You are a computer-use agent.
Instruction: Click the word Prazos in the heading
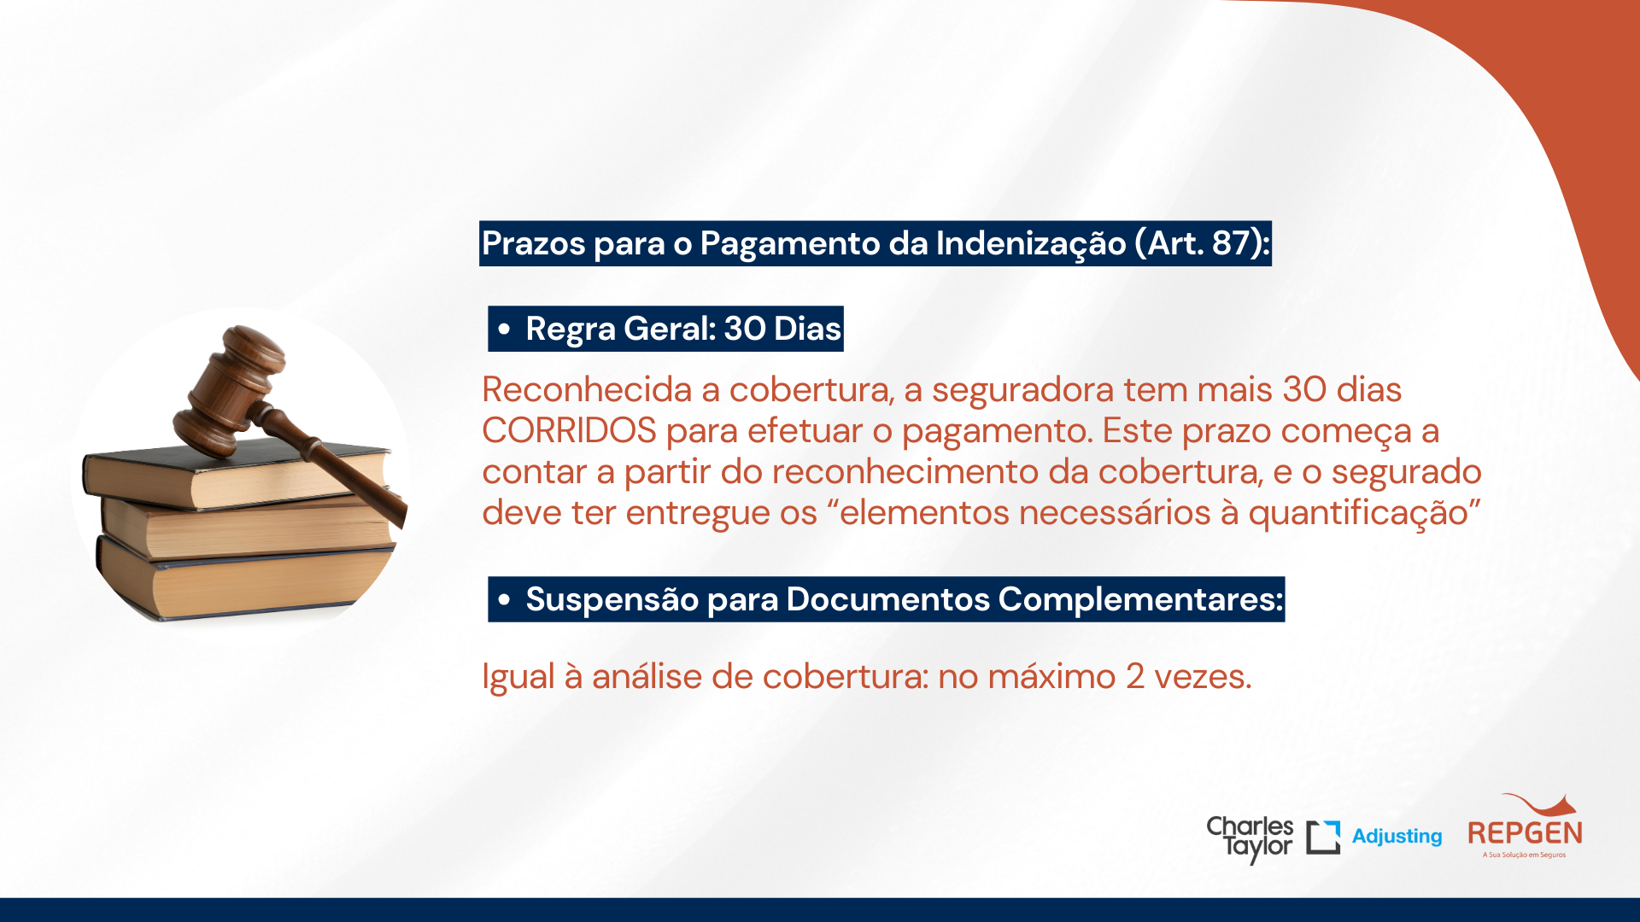point(533,243)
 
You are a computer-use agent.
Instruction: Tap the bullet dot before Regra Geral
point(504,329)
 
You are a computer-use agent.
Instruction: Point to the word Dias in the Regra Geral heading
point(807,329)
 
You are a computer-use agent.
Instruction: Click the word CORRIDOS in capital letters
point(569,430)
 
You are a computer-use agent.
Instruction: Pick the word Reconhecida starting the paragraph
point(587,389)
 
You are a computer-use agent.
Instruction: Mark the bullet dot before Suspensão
point(504,599)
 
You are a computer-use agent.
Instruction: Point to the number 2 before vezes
point(1134,677)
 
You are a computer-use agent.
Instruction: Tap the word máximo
point(1051,677)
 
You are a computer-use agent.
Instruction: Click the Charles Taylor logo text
point(1250,838)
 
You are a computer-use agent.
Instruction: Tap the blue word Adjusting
point(1397,837)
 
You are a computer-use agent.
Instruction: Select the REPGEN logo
point(1525,826)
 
